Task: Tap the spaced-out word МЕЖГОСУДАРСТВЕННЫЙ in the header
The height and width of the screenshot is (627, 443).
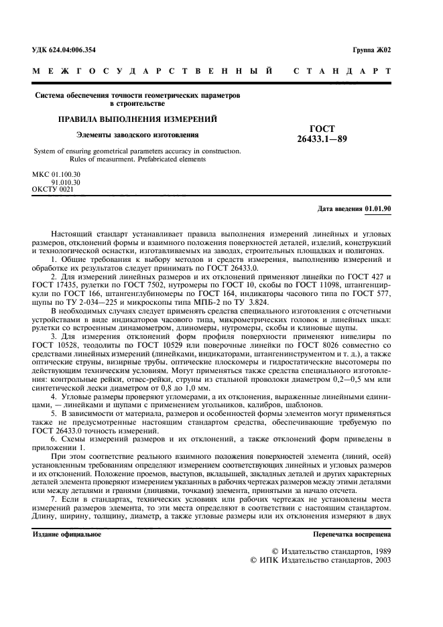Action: (152, 70)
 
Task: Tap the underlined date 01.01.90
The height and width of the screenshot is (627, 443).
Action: (378, 209)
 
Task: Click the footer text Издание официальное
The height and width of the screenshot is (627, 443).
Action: (68, 535)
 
